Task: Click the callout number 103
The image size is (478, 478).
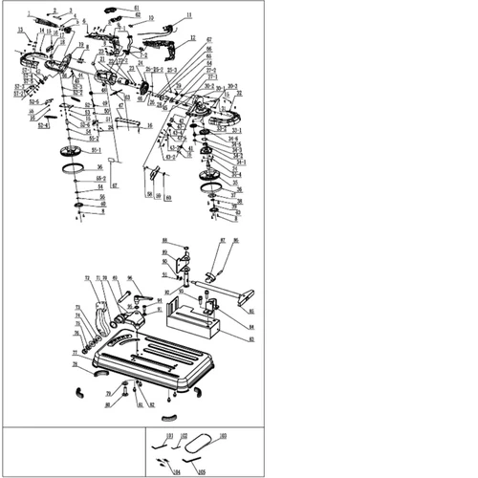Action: (x=223, y=435)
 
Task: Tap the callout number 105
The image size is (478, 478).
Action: (x=202, y=471)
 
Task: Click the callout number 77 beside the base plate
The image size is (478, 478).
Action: (x=74, y=351)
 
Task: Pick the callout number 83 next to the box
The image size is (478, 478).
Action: (x=250, y=339)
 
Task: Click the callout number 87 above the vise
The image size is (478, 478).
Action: (x=223, y=241)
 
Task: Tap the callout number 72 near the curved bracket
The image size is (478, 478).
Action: (x=88, y=278)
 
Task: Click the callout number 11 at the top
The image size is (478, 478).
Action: (x=188, y=16)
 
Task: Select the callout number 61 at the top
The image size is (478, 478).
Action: (x=136, y=7)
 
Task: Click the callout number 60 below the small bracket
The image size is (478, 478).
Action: (x=169, y=198)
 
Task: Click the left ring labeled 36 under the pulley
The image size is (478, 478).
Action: (x=71, y=169)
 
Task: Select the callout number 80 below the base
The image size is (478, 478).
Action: (x=108, y=404)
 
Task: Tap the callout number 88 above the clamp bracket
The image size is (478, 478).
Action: (x=164, y=240)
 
